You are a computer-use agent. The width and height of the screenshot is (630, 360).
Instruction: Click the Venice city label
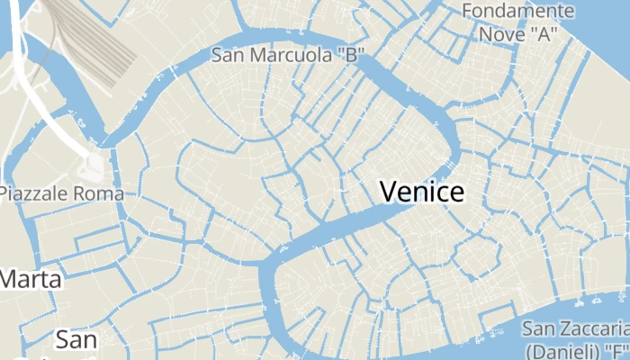[422, 191]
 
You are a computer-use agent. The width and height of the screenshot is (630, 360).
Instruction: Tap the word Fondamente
[517, 11]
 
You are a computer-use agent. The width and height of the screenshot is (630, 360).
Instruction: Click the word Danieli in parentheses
[570, 350]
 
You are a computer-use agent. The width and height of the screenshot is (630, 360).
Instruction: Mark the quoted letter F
[616, 350]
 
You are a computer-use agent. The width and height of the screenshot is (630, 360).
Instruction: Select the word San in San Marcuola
[229, 55]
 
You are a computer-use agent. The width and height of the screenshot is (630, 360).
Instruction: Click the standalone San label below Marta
[76, 340]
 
